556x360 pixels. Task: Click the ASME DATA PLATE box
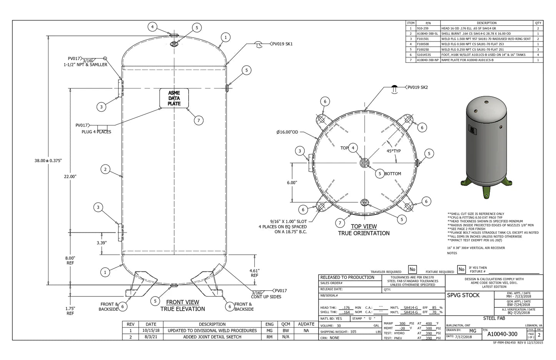click(x=174, y=99)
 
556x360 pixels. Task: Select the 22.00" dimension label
click(x=70, y=176)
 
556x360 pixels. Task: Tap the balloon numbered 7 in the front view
click(x=199, y=121)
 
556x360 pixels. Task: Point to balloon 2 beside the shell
click(x=105, y=169)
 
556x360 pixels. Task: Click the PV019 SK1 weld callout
click(x=282, y=44)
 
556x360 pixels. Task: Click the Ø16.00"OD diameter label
click(x=287, y=132)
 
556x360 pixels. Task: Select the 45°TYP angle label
click(x=394, y=151)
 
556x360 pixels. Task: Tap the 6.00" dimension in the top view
click(x=292, y=183)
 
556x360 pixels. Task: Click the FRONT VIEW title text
click(x=182, y=302)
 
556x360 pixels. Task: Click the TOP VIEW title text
click(x=364, y=226)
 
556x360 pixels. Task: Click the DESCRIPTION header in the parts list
click(x=486, y=23)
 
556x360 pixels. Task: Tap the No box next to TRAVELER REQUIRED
click(x=412, y=270)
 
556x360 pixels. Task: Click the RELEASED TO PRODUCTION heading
click(x=347, y=277)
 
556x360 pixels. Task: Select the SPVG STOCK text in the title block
click(x=463, y=295)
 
